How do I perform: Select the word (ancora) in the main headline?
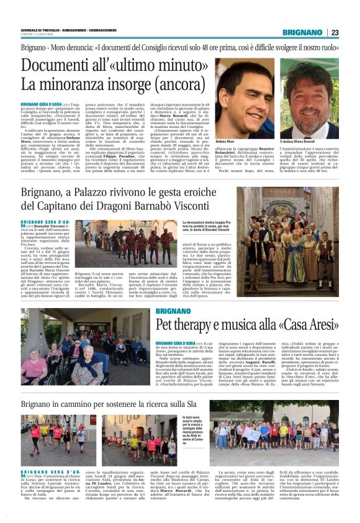(182, 83)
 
